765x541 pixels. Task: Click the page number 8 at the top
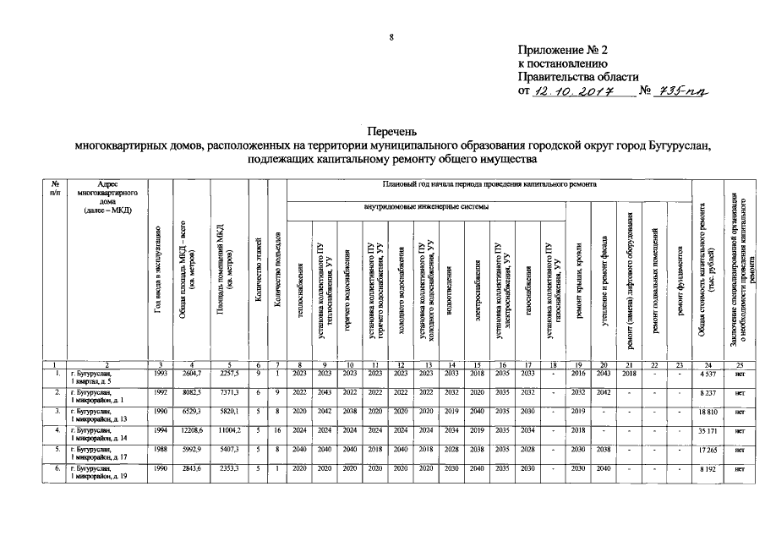click(x=391, y=36)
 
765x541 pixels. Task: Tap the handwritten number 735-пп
click(x=681, y=91)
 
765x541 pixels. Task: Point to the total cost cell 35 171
click(x=708, y=431)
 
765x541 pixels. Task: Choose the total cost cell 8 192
click(x=708, y=468)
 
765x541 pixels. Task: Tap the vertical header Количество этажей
click(x=258, y=270)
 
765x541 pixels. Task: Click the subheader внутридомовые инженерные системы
click(x=424, y=205)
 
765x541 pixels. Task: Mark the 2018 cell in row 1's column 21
click(x=629, y=373)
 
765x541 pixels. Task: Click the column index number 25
click(x=738, y=363)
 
